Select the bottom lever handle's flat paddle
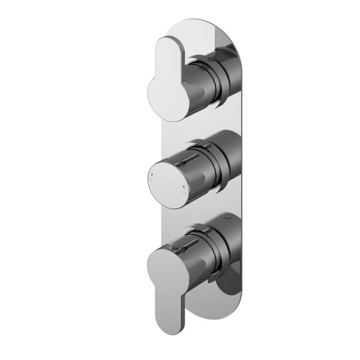[168, 282]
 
